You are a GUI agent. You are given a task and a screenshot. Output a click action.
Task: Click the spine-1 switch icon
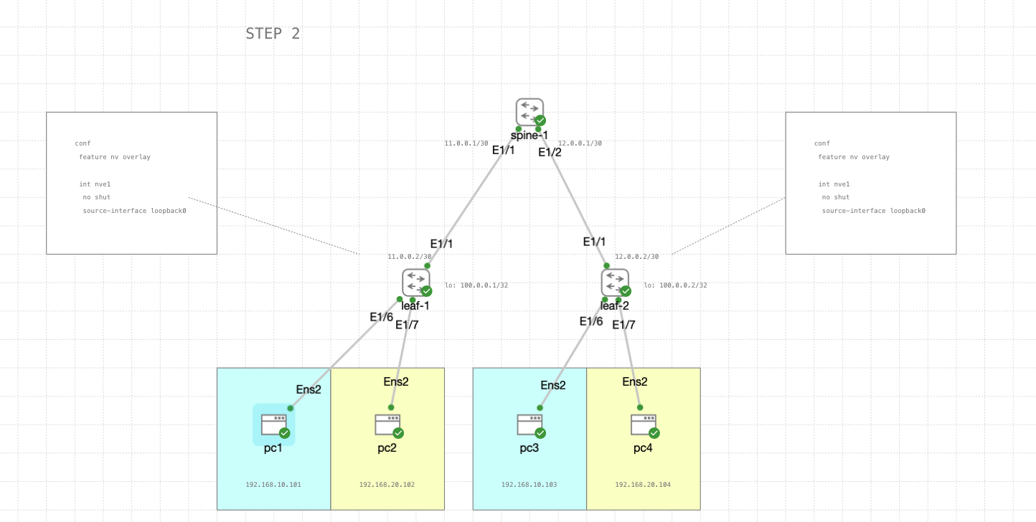(x=529, y=112)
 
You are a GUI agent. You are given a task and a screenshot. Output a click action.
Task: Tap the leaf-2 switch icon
(x=615, y=282)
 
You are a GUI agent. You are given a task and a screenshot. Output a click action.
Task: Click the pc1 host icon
(x=273, y=424)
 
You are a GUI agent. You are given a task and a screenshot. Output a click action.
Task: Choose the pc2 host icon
(x=387, y=424)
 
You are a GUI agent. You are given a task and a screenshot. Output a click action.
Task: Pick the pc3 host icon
(x=529, y=424)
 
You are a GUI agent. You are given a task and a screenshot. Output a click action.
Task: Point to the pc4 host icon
(x=644, y=424)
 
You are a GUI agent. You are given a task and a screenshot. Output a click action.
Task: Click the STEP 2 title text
(x=273, y=34)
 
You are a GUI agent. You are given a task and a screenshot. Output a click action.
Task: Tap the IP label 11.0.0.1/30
(x=466, y=143)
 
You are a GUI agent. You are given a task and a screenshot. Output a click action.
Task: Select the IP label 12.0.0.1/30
(x=580, y=143)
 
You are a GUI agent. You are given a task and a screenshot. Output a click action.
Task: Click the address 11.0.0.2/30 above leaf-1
(x=410, y=257)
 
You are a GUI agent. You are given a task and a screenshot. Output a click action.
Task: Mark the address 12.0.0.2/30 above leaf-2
(x=636, y=257)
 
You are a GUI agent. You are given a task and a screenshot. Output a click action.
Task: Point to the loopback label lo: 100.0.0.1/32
(x=476, y=285)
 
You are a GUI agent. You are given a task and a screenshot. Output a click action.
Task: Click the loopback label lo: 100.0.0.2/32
(x=675, y=285)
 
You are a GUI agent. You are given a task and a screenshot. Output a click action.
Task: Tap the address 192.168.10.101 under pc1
(x=273, y=485)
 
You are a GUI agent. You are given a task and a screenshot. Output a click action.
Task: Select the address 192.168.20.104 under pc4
(x=643, y=485)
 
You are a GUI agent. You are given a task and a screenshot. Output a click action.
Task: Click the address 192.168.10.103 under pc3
(x=529, y=485)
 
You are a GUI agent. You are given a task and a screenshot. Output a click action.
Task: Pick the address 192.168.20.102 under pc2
(x=387, y=485)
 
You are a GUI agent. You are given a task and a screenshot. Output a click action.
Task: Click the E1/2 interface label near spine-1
(x=550, y=152)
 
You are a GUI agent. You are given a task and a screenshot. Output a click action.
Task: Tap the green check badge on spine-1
(x=540, y=120)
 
